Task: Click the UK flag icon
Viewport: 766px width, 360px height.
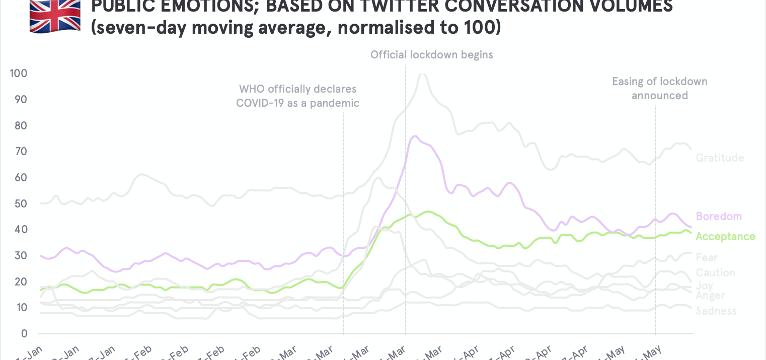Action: pos(55,16)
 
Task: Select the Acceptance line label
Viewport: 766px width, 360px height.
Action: pos(725,237)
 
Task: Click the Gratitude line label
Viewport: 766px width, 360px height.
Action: pos(720,158)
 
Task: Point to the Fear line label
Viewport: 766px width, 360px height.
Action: pos(707,258)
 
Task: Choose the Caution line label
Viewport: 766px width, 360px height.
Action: pos(715,273)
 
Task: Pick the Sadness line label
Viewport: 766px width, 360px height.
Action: pos(716,311)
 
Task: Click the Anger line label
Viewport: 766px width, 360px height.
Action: pos(710,296)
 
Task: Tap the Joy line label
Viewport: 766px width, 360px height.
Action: pos(704,285)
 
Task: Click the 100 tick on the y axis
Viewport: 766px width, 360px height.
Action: pos(18,74)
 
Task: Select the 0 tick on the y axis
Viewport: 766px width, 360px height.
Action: pos(23,333)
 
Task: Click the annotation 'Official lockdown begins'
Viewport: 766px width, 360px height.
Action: pos(432,55)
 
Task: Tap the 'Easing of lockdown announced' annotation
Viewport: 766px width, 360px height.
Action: pos(659,88)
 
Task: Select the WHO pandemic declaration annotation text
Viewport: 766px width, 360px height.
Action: pos(298,96)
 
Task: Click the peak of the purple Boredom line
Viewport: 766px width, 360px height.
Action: pos(415,136)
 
